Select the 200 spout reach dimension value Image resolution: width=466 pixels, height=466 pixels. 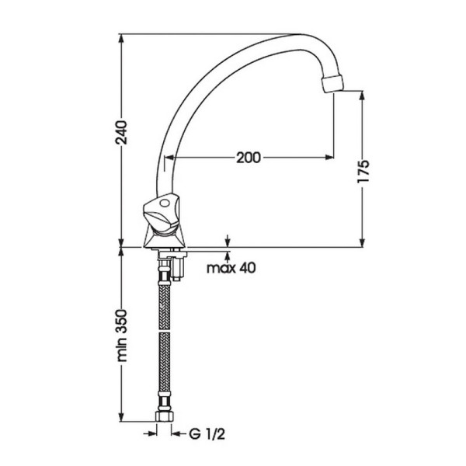(x=247, y=158)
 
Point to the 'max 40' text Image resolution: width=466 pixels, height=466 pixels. (x=232, y=269)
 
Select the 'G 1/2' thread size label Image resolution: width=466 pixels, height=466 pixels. (x=201, y=433)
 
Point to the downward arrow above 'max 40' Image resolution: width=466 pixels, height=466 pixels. (x=228, y=242)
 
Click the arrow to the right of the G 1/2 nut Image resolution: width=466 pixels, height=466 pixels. (x=175, y=433)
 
